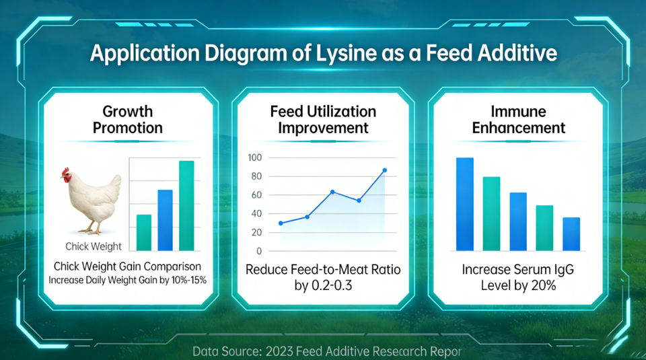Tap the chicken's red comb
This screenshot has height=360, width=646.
[65, 172]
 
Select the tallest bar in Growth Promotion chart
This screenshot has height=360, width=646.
[186, 205]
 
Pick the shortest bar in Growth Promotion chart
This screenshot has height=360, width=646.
[144, 232]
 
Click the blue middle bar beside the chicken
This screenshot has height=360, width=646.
[166, 220]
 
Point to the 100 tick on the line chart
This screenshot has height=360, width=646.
[254, 157]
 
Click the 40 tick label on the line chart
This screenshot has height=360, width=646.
[256, 214]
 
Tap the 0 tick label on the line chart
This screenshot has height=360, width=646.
[259, 251]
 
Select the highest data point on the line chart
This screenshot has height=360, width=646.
[385, 170]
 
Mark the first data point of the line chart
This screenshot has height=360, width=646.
[281, 223]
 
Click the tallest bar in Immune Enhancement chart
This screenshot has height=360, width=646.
[465, 205]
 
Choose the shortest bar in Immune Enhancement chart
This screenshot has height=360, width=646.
[571, 234]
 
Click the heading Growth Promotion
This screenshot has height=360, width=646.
[128, 120]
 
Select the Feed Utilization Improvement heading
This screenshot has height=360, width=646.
[323, 120]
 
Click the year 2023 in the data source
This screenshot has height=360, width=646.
[279, 351]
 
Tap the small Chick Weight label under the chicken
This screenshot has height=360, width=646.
[94, 246]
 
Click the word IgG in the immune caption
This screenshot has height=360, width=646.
[564, 270]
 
